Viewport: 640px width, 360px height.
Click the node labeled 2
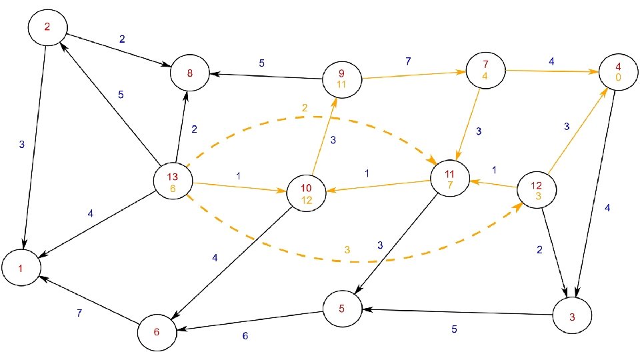coord(47,27)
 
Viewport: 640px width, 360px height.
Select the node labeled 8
coord(190,73)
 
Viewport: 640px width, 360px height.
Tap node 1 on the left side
coord(21,269)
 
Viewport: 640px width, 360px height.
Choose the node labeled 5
coord(342,309)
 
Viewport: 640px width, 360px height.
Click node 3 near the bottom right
coord(572,317)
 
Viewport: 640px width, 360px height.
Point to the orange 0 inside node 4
coord(619,77)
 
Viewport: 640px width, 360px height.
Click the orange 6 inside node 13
coord(173,189)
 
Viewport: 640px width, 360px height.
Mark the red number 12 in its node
coord(537,185)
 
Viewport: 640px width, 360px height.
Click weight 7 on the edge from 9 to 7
coord(408,61)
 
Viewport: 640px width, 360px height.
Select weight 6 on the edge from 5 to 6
coord(245,336)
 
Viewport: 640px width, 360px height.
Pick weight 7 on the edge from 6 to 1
coord(80,313)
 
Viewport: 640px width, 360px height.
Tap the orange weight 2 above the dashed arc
coord(305,107)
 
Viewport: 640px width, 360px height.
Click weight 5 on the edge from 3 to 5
coord(454,329)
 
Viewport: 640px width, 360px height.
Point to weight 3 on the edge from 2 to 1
coord(21,144)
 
